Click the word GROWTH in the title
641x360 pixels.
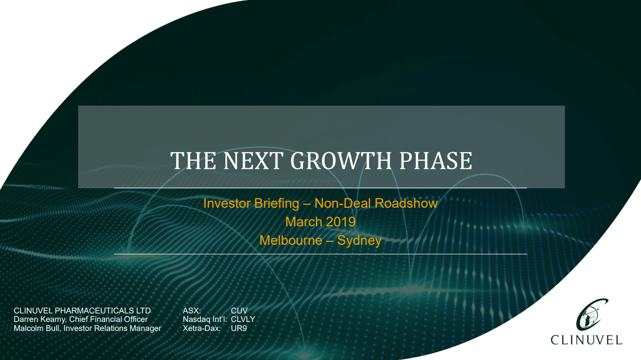(x=341, y=161)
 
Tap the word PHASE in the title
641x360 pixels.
(x=436, y=161)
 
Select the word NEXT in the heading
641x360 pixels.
(x=253, y=161)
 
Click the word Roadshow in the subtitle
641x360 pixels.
(x=406, y=203)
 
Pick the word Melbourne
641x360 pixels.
(x=291, y=240)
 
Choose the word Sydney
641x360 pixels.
(x=359, y=241)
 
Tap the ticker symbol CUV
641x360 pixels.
(x=239, y=311)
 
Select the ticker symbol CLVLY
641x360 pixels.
(x=243, y=319)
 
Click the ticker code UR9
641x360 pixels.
(x=239, y=328)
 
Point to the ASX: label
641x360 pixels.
(x=192, y=311)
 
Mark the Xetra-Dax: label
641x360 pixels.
(x=202, y=328)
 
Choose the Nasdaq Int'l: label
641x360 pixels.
(x=205, y=319)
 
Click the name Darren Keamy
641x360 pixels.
(x=40, y=319)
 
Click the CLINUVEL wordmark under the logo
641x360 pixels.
(x=586, y=340)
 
